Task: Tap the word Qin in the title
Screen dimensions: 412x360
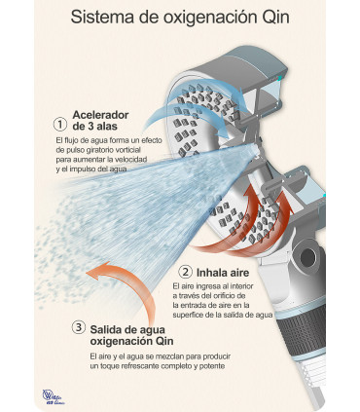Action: click(271, 18)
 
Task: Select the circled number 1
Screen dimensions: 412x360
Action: click(59, 125)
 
